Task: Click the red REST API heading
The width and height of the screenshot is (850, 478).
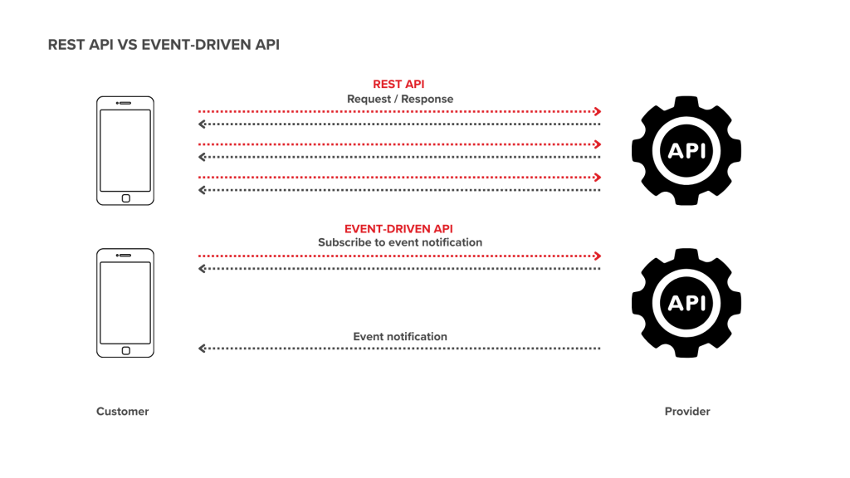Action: [x=398, y=84]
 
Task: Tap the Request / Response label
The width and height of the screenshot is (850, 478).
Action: [x=400, y=99]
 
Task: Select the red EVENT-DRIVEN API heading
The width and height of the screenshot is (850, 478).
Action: [x=398, y=229]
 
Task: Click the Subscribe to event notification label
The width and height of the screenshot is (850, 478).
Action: [x=400, y=243]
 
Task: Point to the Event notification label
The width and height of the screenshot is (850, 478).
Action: [x=400, y=337]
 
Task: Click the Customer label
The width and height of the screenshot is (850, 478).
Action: [x=122, y=412]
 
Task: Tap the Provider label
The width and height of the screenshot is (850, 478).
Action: [x=687, y=412]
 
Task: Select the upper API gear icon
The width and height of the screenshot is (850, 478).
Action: [x=686, y=151]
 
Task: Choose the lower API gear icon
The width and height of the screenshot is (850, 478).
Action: [x=686, y=303]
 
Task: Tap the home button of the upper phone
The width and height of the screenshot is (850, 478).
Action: [x=125, y=198]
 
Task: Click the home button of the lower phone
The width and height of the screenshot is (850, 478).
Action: [x=125, y=351]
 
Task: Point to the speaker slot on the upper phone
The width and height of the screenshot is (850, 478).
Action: [x=125, y=103]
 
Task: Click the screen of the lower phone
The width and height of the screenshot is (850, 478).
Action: [x=125, y=302]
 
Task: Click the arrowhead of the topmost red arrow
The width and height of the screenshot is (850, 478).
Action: [x=597, y=112]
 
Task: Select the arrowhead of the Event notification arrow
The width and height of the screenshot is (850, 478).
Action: [x=202, y=349]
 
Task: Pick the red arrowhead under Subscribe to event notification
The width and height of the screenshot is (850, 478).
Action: [x=597, y=256]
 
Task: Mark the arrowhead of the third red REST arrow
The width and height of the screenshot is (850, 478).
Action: [x=597, y=178]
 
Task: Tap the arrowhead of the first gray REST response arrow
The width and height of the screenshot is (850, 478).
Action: [x=202, y=124]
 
